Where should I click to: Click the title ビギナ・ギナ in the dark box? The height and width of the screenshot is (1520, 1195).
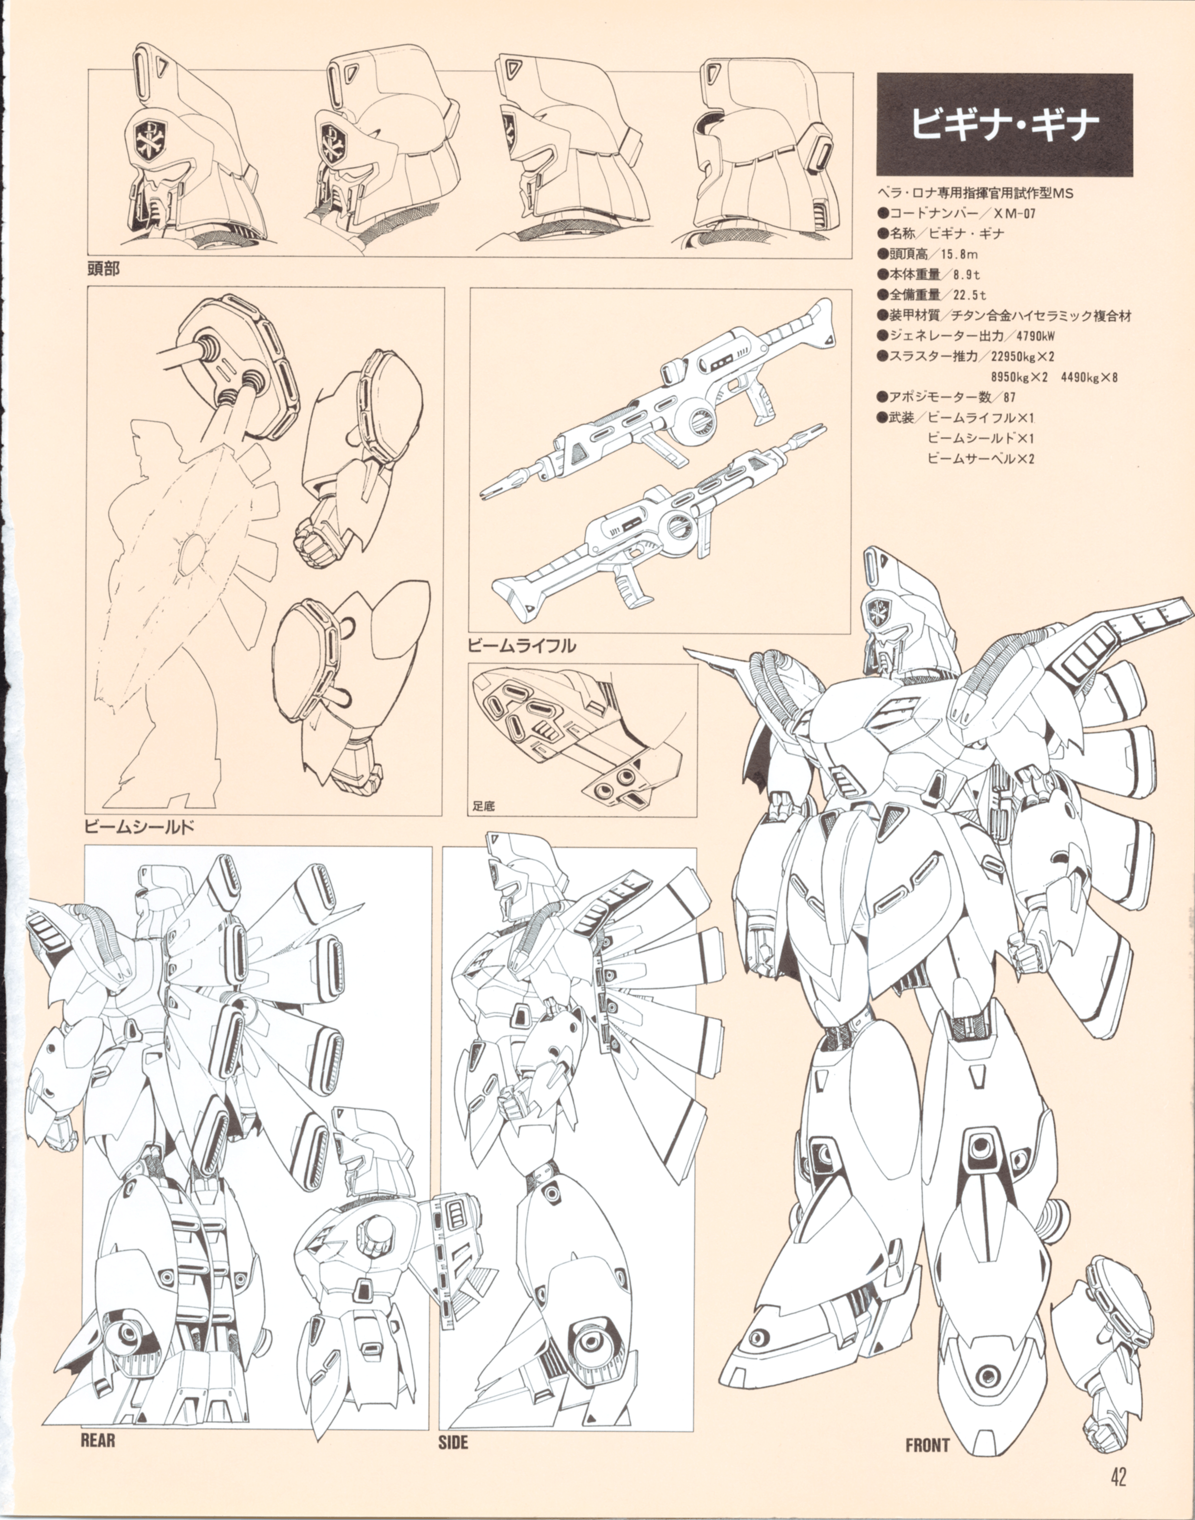pos(1004,125)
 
